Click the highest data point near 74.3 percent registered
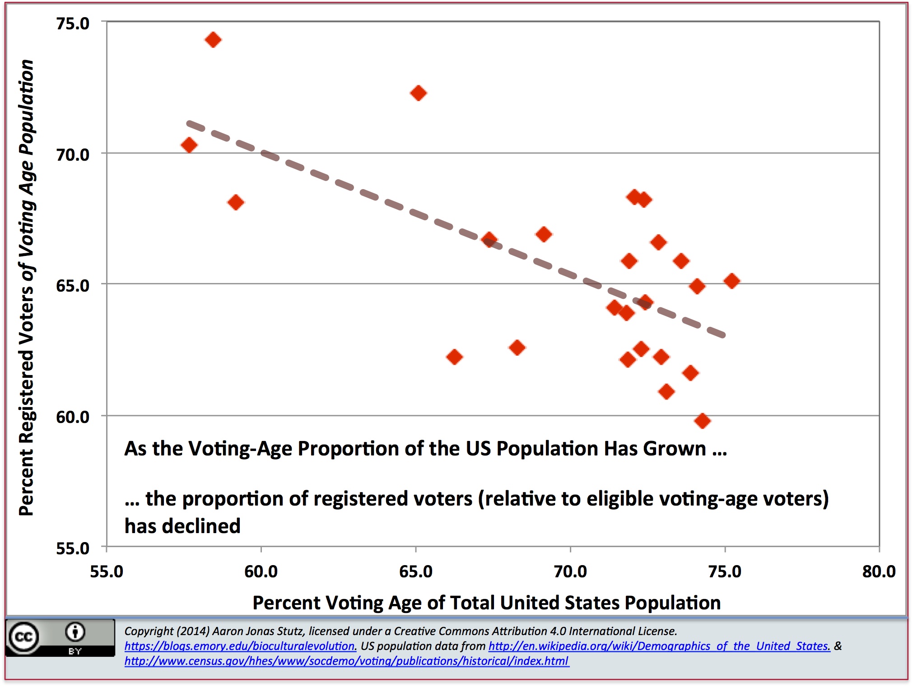coord(213,40)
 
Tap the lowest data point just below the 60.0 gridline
coord(702,421)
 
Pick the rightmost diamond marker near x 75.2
coord(731,281)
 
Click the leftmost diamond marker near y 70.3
coord(189,145)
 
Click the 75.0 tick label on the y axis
coord(73,23)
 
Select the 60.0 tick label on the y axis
coord(73,417)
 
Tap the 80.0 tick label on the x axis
coord(879,572)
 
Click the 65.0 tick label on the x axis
coord(415,572)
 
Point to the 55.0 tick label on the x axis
coord(107,572)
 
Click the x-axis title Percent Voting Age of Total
coord(486,603)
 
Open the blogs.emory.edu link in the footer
coord(240,646)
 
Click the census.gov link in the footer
coord(346,661)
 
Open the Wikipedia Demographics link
coord(659,646)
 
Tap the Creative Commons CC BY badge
coord(60,638)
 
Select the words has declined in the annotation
coord(182,526)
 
